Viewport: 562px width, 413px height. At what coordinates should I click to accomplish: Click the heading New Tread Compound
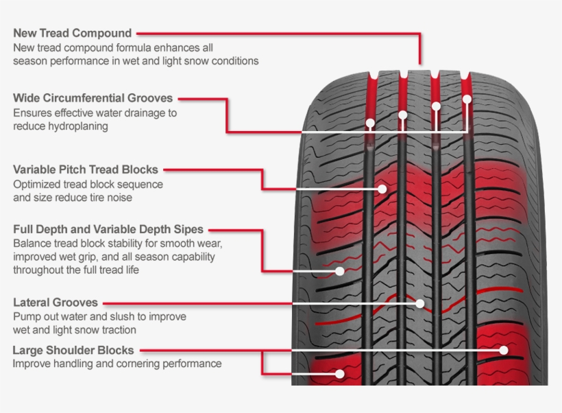(72, 33)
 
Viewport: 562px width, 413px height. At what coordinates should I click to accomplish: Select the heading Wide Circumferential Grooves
(93, 98)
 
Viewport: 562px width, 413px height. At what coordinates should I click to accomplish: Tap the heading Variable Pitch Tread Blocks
(86, 169)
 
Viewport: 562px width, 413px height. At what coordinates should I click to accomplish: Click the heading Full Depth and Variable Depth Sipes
(108, 230)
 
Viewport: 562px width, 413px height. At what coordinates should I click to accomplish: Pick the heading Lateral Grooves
(56, 303)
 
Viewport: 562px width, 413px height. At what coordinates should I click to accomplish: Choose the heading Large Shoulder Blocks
(73, 350)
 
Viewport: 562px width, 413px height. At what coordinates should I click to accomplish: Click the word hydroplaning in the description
(76, 126)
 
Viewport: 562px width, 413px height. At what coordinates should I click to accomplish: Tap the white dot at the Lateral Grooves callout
(420, 303)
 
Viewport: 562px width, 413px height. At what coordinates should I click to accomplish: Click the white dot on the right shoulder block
(504, 350)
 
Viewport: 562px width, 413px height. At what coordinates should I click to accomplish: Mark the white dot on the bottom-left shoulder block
(340, 374)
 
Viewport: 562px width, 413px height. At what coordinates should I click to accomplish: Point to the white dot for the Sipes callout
(340, 272)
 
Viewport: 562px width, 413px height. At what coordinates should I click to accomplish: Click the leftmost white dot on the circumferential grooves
(370, 124)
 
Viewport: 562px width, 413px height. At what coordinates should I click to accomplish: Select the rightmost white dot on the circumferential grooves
(467, 99)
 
